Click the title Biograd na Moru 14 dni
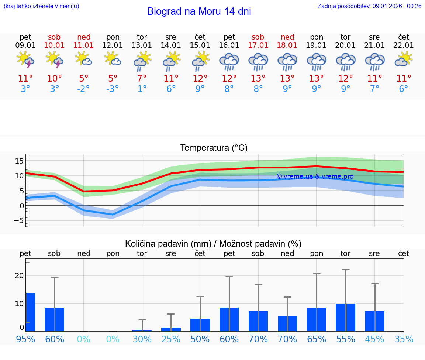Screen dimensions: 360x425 coord(199,11)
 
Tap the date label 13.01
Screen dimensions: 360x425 coord(142,45)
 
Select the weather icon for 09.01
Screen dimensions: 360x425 coord(25,59)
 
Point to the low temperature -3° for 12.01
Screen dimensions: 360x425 coord(113,89)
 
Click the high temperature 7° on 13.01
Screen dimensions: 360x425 coord(142,79)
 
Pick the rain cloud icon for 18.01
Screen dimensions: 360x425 coord(287,61)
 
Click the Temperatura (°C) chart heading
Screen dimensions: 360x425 coord(214,148)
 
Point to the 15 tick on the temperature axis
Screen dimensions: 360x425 coord(19,161)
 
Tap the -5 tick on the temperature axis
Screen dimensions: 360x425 coord(18,221)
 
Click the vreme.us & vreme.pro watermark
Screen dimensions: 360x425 coord(315,176)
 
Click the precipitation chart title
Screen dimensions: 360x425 coord(213,244)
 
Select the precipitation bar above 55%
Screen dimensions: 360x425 coord(346,317)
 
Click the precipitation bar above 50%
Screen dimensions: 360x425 coord(200,325)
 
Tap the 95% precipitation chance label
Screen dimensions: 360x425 coord(25,339)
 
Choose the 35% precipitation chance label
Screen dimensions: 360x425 coord(404,339)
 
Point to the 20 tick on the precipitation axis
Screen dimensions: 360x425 coord(19,275)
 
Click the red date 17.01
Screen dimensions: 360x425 coord(258,45)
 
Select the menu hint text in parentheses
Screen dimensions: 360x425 coord(41,6)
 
